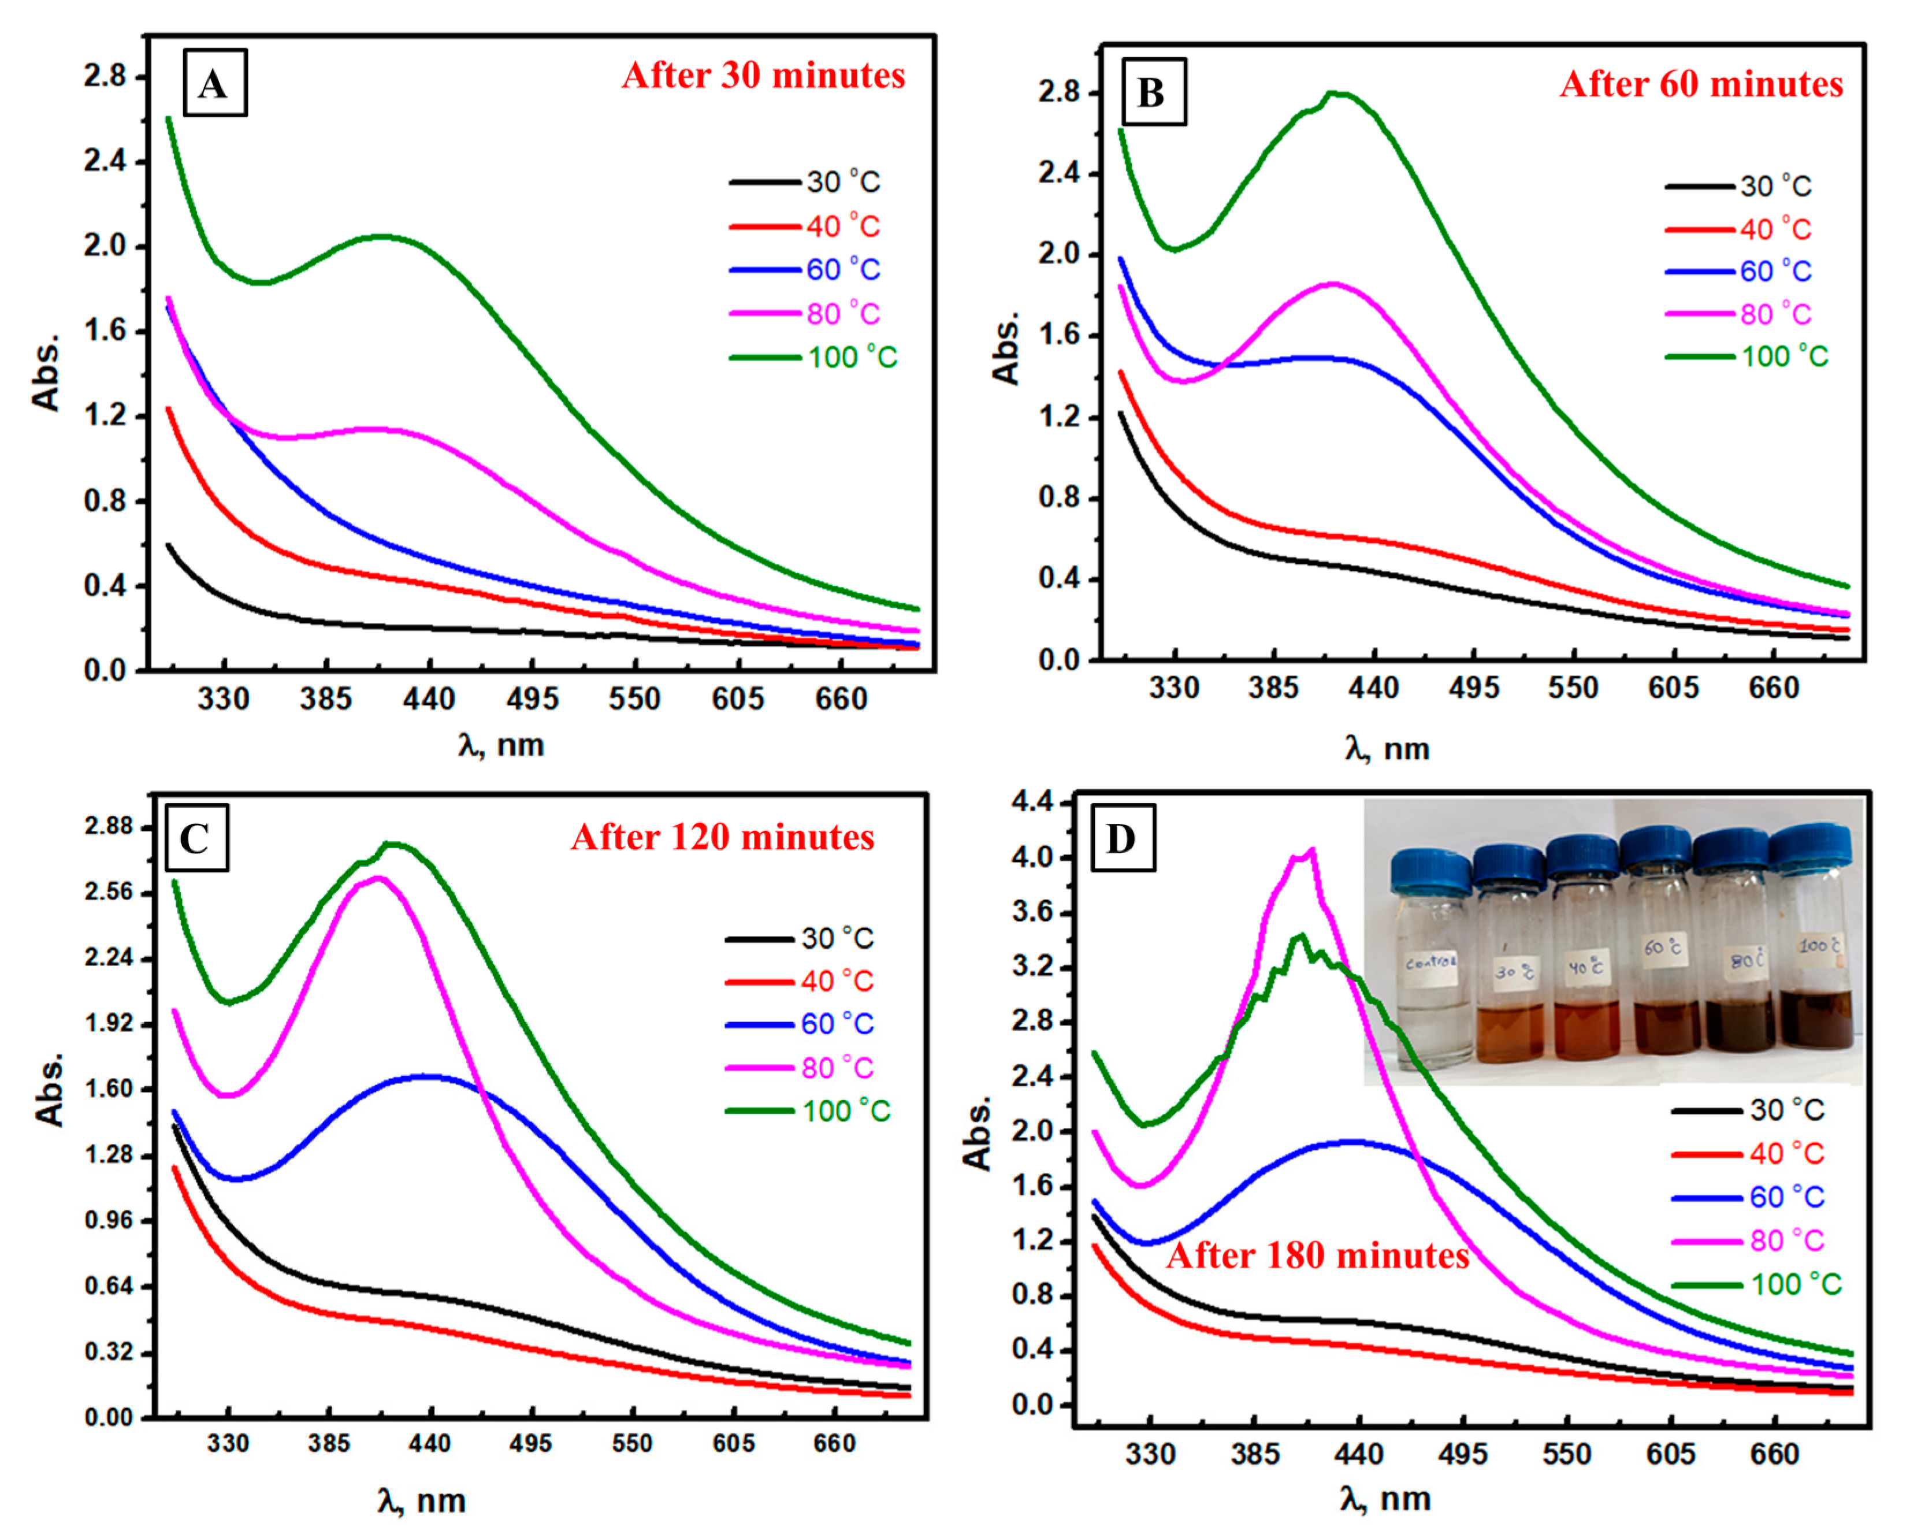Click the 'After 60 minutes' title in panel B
click(x=1700, y=85)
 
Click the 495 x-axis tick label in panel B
click(x=1473, y=688)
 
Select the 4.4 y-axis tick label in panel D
click(x=1032, y=803)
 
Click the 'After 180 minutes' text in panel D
click(x=1317, y=1255)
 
